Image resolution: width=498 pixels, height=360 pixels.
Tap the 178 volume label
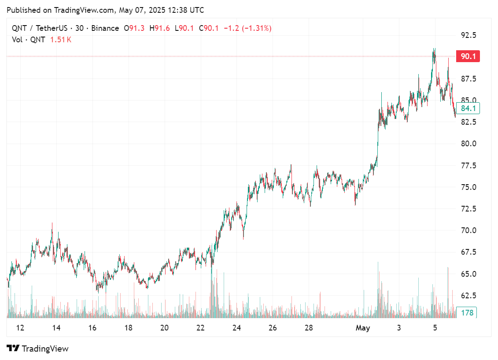tap(467, 313)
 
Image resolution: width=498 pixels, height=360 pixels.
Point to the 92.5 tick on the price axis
tap(468, 35)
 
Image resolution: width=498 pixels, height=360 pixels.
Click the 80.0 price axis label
tap(468, 144)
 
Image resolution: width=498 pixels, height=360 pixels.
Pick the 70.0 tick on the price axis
tap(468, 230)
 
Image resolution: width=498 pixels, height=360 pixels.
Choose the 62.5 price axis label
tap(468, 295)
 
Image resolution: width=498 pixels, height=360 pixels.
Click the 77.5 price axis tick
tap(468, 166)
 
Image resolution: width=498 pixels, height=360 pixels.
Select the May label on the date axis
tap(363, 328)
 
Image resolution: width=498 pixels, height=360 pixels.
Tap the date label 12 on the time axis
tap(20, 328)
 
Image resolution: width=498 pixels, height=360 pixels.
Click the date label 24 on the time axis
tap(236, 328)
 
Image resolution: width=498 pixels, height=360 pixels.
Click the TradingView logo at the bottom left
tap(38, 349)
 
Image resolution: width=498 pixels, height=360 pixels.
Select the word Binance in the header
tap(105, 28)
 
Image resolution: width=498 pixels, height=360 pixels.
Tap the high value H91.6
tap(160, 28)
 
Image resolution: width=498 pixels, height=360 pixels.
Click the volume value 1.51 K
tap(61, 39)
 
